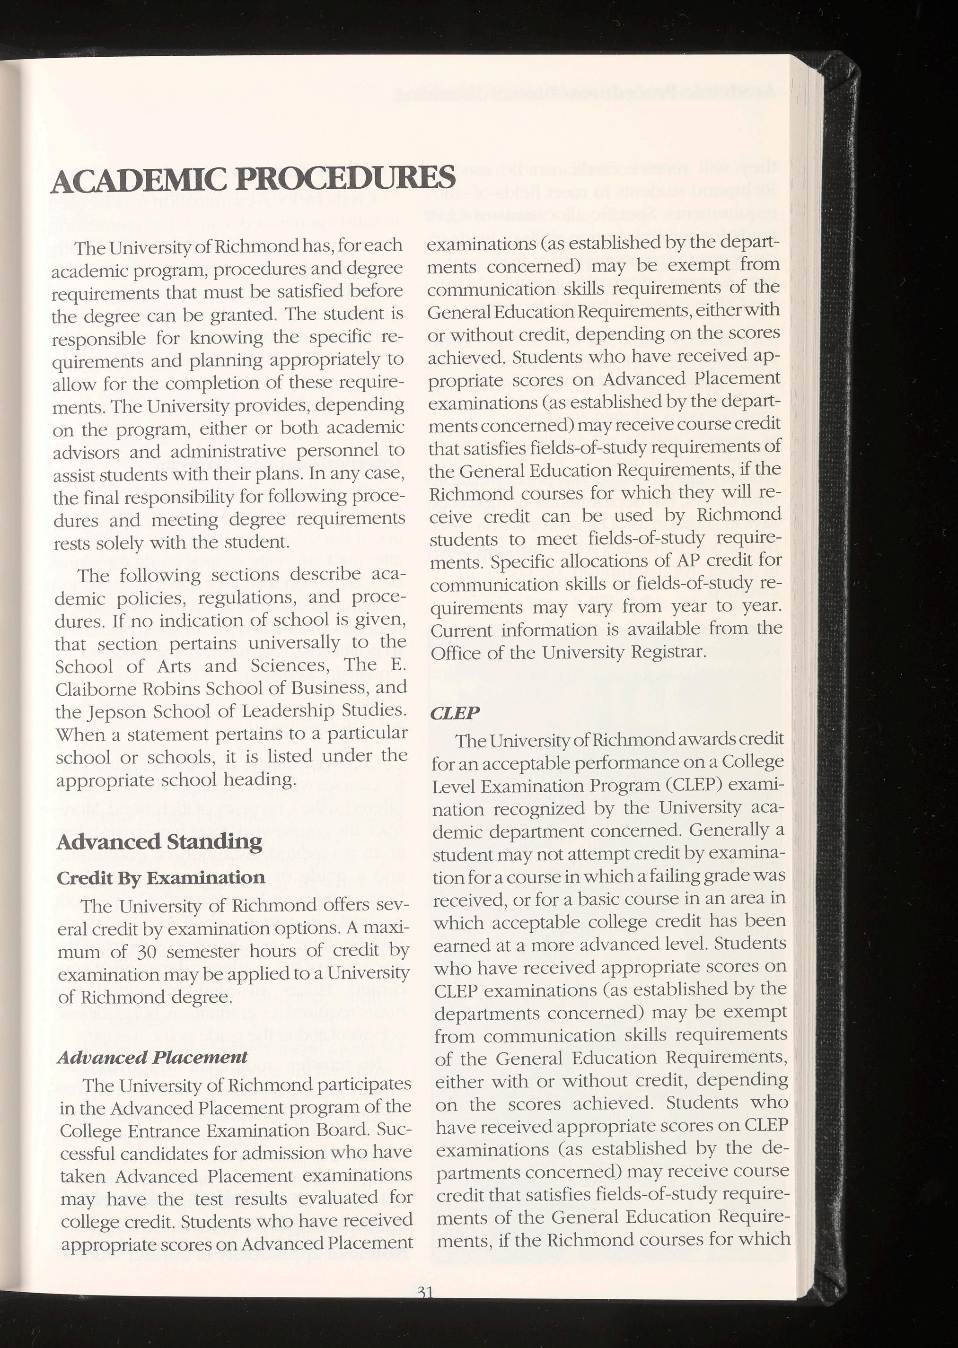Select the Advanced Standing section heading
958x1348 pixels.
159,841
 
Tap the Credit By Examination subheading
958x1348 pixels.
161,878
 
